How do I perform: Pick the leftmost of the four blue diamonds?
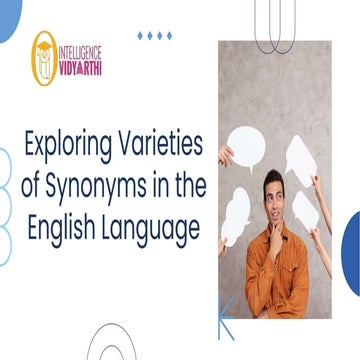[x=140, y=36]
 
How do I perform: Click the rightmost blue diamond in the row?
[x=168, y=36]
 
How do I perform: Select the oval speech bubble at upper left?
[x=247, y=145]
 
